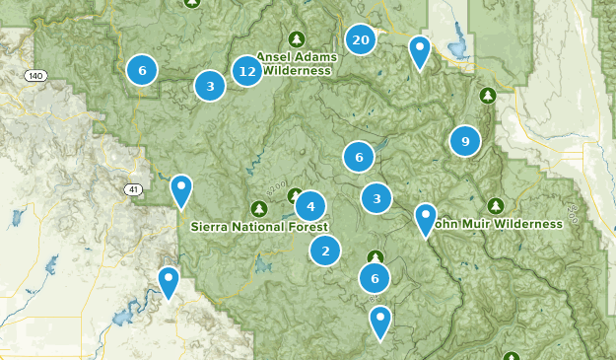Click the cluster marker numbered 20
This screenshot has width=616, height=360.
pyautogui.click(x=361, y=40)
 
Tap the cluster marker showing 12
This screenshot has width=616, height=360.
pyautogui.click(x=247, y=71)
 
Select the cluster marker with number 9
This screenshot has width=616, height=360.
pyautogui.click(x=465, y=141)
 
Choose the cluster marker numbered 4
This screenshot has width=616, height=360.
pyautogui.click(x=310, y=206)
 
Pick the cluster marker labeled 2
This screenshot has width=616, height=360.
pyautogui.click(x=325, y=252)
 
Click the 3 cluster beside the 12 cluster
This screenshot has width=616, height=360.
pyautogui.click(x=210, y=87)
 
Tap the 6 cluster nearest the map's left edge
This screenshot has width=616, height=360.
pyautogui.click(x=143, y=70)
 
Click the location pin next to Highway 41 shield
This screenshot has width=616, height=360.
pyautogui.click(x=181, y=189)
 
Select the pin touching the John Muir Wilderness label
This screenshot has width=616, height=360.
pyautogui.click(x=426, y=218)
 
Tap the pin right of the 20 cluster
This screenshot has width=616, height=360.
pyautogui.click(x=420, y=50)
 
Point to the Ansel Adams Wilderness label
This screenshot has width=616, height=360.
pyautogui.click(x=296, y=63)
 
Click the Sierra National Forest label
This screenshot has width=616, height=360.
pyautogui.click(x=259, y=226)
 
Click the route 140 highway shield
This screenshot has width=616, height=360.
pyautogui.click(x=37, y=75)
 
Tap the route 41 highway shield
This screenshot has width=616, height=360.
pyautogui.click(x=132, y=188)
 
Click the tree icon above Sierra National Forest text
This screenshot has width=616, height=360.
pyautogui.click(x=259, y=208)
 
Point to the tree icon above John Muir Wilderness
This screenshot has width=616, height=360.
pyautogui.click(x=497, y=206)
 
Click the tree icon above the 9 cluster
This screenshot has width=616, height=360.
pyautogui.click(x=486, y=97)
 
